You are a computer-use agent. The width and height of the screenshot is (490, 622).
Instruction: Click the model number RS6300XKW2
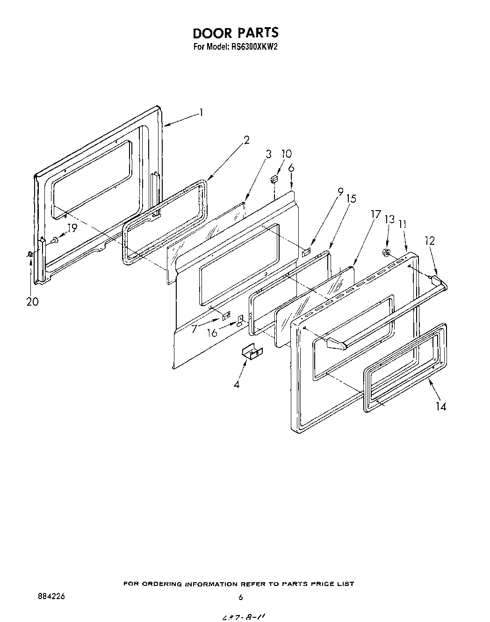[x=252, y=47]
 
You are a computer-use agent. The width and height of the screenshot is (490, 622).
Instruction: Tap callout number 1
[x=201, y=112]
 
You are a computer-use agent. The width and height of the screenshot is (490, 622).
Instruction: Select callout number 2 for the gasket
[x=246, y=139]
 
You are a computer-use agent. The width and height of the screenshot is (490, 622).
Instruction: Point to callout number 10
[x=286, y=154]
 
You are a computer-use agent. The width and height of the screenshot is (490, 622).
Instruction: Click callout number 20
[x=32, y=302]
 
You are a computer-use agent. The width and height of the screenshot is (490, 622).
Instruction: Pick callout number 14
[x=441, y=406]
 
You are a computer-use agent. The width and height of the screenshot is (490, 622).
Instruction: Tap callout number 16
[x=212, y=333]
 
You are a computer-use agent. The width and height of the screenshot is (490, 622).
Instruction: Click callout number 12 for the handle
[x=430, y=241]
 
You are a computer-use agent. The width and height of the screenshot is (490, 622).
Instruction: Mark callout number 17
[x=375, y=214]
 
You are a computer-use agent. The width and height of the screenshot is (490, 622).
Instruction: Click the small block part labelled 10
[x=274, y=179]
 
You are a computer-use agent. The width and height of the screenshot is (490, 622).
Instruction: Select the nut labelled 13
[x=386, y=253]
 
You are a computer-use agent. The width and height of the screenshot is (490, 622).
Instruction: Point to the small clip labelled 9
[x=307, y=252]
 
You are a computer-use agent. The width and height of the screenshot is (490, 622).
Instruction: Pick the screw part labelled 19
[x=55, y=240]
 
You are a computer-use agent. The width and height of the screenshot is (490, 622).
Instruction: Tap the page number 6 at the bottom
[x=240, y=597]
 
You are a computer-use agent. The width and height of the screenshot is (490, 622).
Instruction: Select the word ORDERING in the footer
[x=160, y=584]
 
